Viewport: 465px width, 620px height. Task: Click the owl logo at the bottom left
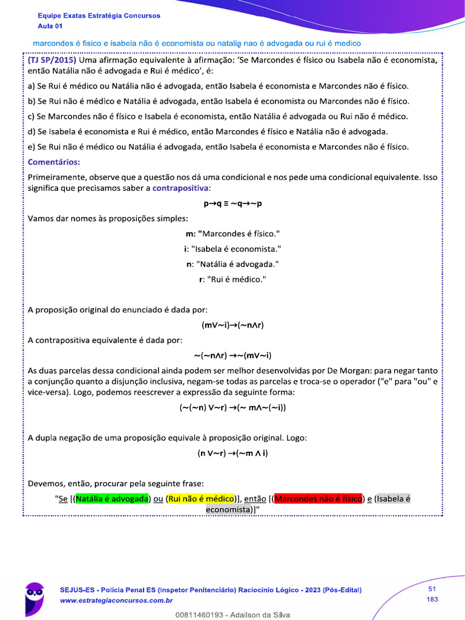(x=34, y=598)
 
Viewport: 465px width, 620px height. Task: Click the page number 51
(x=432, y=589)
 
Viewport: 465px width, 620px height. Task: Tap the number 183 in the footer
(x=432, y=599)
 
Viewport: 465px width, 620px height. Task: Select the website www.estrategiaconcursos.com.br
(x=116, y=601)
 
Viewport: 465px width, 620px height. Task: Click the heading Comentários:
(x=54, y=162)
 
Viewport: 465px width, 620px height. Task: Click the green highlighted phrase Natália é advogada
(x=113, y=499)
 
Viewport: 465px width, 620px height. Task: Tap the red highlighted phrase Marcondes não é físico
(x=318, y=499)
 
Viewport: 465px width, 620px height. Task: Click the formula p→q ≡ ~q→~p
(x=232, y=203)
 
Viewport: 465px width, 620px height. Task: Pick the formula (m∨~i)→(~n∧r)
(x=232, y=325)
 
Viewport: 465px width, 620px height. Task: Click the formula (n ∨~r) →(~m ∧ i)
(x=232, y=453)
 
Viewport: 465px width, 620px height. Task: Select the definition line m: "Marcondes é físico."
(x=232, y=233)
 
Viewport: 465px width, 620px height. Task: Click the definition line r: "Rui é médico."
(x=232, y=279)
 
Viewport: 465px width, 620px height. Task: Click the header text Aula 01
(x=50, y=25)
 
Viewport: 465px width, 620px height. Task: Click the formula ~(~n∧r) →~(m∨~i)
(x=232, y=355)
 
